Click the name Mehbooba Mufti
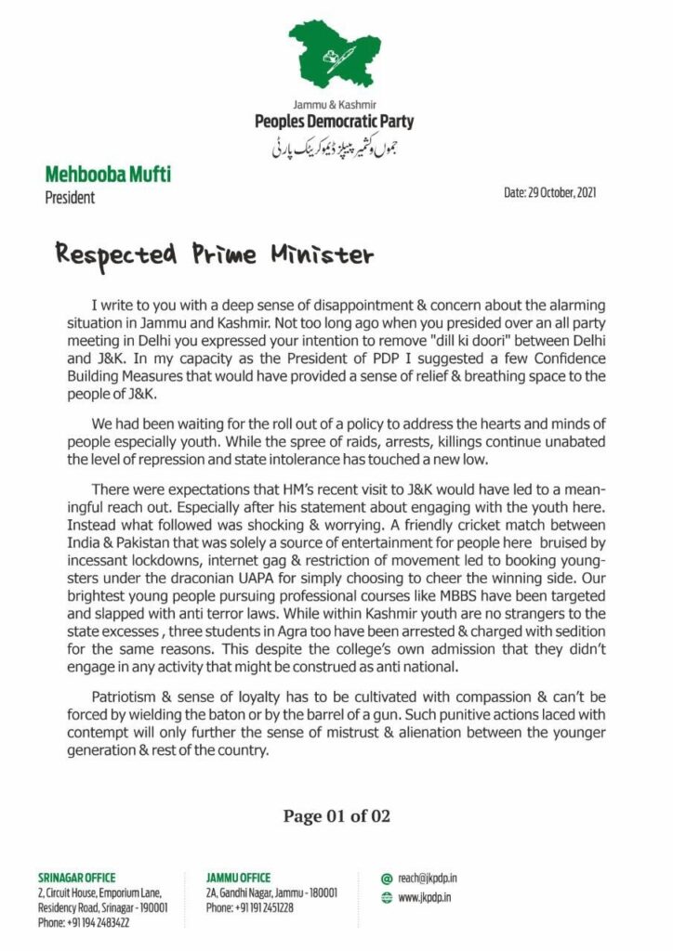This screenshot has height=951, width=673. pos(108,174)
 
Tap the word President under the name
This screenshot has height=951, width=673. pos(70,197)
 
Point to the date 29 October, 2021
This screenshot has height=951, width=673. pos(549,193)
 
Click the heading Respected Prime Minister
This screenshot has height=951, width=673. pos(214,254)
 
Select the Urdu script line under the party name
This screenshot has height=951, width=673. pos(336,146)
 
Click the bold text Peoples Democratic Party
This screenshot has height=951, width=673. pos(335,122)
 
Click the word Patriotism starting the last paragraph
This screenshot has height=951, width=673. pos(129,697)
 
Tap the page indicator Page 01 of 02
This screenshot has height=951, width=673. pos(336,816)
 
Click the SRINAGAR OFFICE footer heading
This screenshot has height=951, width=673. pos(77,878)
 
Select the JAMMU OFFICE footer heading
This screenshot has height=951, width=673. pos(239,878)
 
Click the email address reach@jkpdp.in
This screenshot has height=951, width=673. pos(428,878)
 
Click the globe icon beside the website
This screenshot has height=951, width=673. pos(387,898)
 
